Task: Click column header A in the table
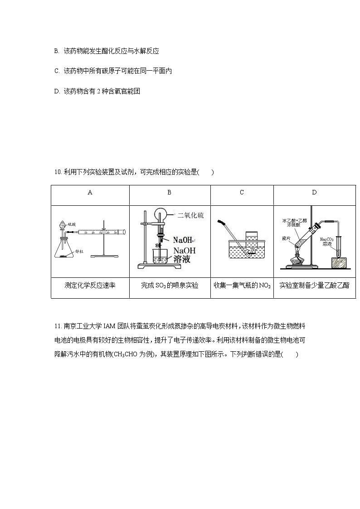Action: (x=90, y=192)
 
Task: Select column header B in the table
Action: (x=169, y=192)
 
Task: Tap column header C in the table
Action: (x=242, y=192)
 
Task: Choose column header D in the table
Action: (x=314, y=192)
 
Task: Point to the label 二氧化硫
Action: (x=191, y=216)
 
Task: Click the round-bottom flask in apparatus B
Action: (x=161, y=216)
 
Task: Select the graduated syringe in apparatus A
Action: (x=101, y=232)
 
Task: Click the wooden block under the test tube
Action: (x=342, y=263)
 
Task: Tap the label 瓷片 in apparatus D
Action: (x=286, y=238)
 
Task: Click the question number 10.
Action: (x=57, y=172)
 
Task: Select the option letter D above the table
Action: (x=57, y=91)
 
